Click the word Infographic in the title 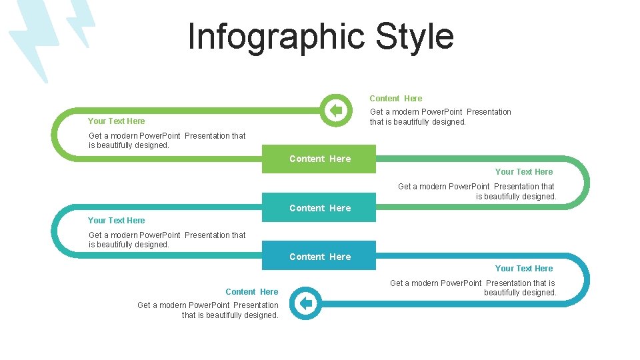[x=277, y=37]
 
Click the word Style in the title [x=414, y=37]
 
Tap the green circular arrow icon [x=335, y=110]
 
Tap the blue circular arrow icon [x=305, y=304]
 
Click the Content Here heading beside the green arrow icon [x=395, y=98]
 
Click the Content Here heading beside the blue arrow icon [x=251, y=291]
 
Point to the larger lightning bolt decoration [x=30, y=40]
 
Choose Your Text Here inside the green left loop [x=116, y=121]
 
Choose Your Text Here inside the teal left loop [x=116, y=220]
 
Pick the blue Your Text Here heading [x=523, y=268]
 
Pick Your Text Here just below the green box [x=523, y=171]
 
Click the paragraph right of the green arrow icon [x=440, y=117]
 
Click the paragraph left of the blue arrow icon [x=208, y=310]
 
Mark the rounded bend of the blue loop [x=585, y=280]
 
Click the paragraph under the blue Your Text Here [x=473, y=287]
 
